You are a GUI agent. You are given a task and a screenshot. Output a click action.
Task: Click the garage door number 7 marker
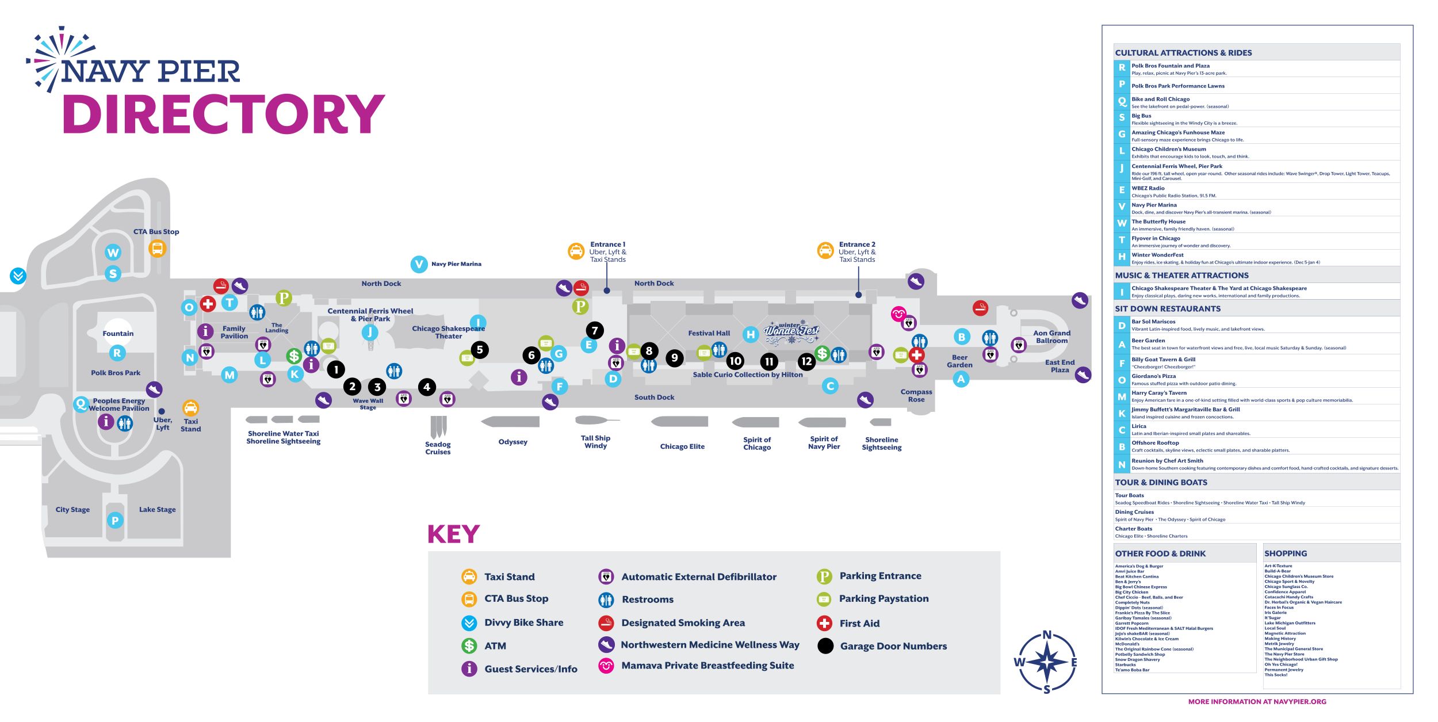[595, 330]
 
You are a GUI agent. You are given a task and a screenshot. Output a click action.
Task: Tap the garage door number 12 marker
[806, 361]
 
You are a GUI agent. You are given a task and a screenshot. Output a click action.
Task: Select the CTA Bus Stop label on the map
[156, 232]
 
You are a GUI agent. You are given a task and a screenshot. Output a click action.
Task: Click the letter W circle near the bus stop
[113, 253]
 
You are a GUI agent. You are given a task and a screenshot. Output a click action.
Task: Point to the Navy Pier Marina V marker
[419, 264]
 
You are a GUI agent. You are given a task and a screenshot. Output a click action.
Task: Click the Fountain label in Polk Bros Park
[118, 334]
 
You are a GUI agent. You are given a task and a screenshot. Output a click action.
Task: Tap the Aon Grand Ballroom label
[1051, 337]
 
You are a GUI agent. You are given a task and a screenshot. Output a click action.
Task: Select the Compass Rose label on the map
[916, 396]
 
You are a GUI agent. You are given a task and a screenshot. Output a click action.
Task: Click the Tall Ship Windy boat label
[595, 442]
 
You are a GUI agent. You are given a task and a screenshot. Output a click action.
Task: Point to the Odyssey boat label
[513, 442]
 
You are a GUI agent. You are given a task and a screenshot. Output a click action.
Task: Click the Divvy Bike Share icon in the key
[469, 622]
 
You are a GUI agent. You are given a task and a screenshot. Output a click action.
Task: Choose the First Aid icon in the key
[824, 623]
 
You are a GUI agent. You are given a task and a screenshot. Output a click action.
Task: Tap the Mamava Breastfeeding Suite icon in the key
[606, 666]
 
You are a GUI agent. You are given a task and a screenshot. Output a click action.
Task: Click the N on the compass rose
[1047, 635]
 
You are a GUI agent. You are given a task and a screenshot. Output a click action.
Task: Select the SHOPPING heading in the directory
[1285, 553]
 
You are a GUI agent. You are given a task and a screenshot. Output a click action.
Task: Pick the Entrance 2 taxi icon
[825, 251]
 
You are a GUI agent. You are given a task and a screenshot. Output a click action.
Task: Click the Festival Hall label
[709, 333]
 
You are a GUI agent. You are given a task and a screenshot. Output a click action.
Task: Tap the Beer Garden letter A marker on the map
[961, 379]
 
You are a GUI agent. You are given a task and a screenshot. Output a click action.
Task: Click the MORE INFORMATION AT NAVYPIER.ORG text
[1257, 702]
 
